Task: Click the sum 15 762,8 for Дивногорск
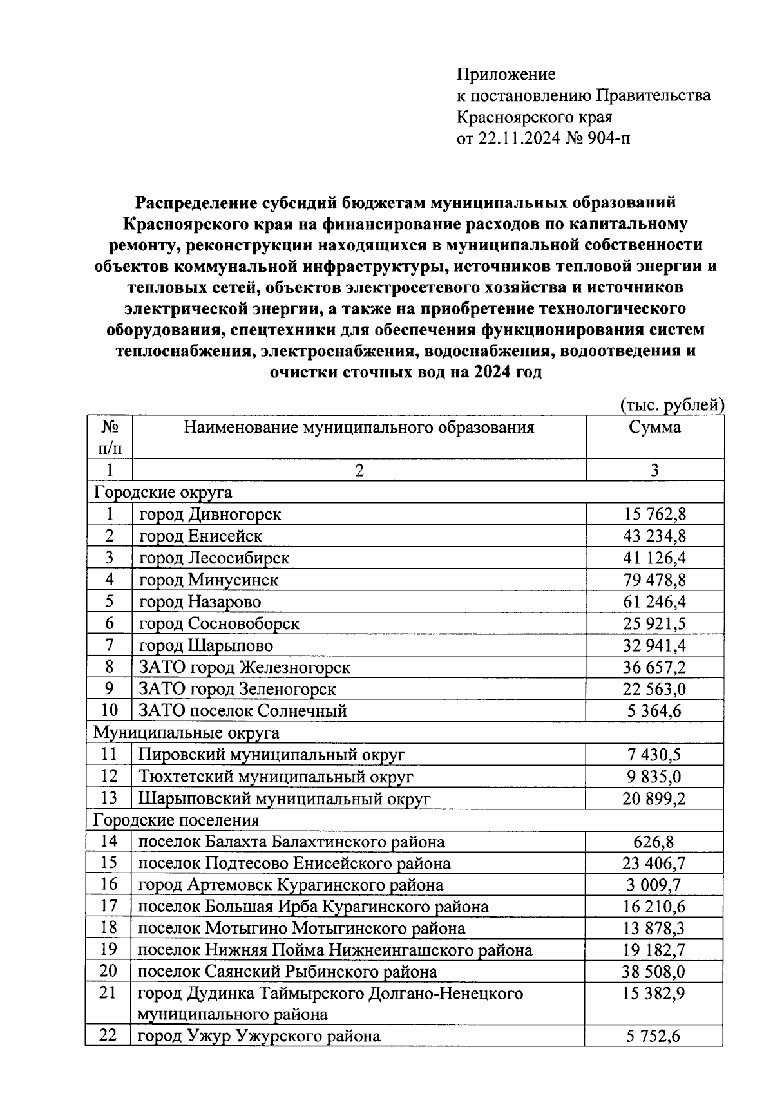point(654,514)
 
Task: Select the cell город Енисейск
point(200,536)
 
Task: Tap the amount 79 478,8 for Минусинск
point(654,580)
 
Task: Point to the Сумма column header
point(654,428)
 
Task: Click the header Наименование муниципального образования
point(359,428)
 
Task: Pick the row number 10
point(110,710)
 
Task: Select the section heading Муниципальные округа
point(187,732)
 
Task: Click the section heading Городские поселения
point(177,820)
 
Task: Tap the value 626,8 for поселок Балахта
point(654,842)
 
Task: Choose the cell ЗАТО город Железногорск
point(245,667)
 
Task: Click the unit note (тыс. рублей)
point(673,405)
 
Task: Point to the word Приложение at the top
point(506,75)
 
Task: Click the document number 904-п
point(608,138)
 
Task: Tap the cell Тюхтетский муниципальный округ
point(276,777)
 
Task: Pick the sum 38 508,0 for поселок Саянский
point(654,971)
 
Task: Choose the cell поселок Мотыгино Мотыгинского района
point(301,928)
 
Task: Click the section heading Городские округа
point(163,493)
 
